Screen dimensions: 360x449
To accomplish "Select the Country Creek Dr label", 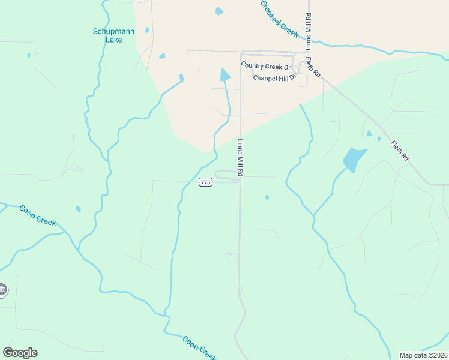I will click(265, 66).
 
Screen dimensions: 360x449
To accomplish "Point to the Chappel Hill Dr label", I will click(274, 78).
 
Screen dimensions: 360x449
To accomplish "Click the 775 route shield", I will click(205, 182).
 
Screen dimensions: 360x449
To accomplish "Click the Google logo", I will click(20, 352).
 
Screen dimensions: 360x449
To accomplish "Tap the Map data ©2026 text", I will click(423, 355).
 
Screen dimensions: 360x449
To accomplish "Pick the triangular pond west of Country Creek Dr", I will click(224, 75).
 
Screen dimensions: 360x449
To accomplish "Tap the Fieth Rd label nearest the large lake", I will click(399, 150).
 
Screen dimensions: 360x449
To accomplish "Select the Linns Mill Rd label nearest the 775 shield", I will click(240, 158).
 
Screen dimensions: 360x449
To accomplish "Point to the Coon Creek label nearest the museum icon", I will click(37, 215).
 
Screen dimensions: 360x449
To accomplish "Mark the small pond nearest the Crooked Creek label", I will click(218, 11).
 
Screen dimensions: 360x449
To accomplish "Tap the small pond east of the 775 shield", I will click(267, 197).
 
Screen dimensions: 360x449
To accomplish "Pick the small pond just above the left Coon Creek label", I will click(78, 209).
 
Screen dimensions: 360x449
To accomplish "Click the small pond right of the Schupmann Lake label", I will click(146, 30).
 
